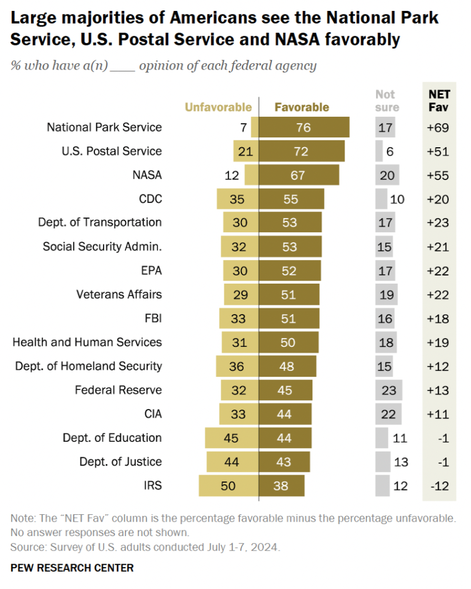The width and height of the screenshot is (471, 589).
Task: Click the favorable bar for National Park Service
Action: [304, 127]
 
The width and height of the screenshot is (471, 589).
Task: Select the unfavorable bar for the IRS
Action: [229, 485]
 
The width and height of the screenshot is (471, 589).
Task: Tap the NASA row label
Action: [147, 175]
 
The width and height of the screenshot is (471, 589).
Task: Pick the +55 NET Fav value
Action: [438, 175]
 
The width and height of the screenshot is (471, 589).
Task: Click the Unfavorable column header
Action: [218, 107]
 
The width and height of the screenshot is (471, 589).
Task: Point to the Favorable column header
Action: [302, 107]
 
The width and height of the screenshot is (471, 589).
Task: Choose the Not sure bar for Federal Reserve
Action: [388, 390]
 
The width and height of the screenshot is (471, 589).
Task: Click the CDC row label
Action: [151, 199]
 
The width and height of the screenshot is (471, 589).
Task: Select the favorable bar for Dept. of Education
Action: [285, 438]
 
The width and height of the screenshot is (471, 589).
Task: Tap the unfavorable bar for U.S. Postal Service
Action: [246, 151]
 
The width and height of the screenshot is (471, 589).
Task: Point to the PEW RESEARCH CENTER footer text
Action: [72, 568]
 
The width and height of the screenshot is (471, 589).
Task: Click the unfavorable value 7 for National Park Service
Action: [244, 127]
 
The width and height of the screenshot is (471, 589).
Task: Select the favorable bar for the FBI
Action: [287, 318]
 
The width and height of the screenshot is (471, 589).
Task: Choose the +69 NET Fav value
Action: [438, 127]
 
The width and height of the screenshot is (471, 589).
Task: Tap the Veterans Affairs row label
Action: [119, 294]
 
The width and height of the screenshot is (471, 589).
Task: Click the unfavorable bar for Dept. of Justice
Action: [232, 461]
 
